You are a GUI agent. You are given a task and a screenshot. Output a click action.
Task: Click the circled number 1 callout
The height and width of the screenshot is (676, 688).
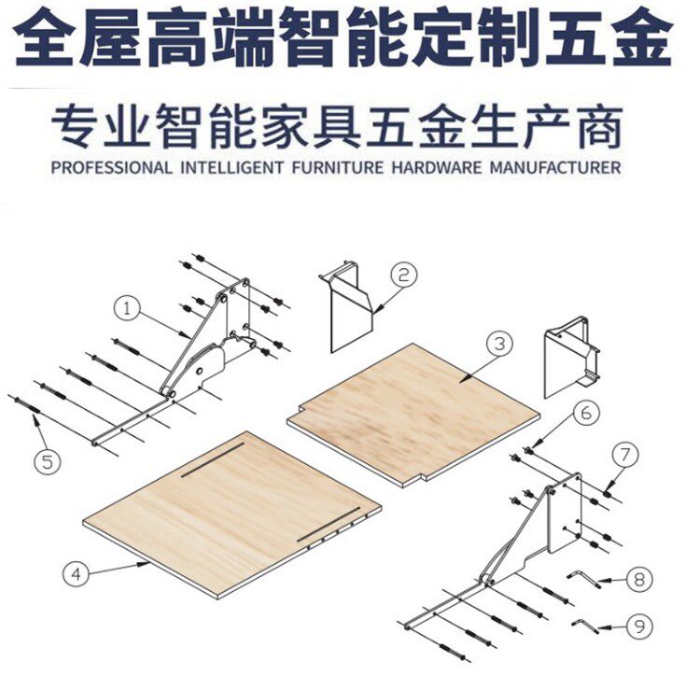click(127, 306)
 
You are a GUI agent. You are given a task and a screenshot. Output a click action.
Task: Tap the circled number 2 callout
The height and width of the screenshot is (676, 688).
click(403, 275)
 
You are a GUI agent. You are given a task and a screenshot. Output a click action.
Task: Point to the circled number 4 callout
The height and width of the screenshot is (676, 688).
click(75, 572)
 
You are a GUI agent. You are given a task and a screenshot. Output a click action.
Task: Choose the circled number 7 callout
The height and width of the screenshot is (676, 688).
click(625, 457)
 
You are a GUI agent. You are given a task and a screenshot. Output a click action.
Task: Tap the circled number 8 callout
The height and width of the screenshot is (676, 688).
click(638, 580)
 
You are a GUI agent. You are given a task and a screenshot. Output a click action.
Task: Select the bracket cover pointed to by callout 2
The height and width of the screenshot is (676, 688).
click(350, 303)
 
